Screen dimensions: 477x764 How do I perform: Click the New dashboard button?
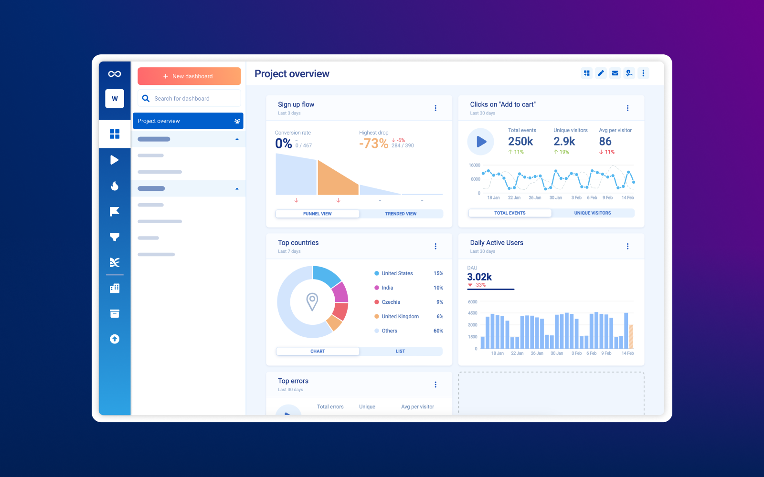coord(189,76)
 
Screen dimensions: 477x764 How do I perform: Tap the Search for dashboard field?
coord(189,99)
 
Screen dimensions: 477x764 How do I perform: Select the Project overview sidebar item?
coord(188,121)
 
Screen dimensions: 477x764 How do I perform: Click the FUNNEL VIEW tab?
coord(317,214)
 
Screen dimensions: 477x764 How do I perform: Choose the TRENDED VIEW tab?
coord(401,214)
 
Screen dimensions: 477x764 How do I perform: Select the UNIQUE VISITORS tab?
coord(592,213)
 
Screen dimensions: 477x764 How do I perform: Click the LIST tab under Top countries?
coord(400,351)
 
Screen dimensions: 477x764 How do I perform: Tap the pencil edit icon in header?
coord(601,73)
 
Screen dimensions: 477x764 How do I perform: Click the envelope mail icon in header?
coord(615,73)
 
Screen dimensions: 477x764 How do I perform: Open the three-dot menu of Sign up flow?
coord(435,108)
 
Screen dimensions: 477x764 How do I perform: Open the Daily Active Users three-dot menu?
coord(627,247)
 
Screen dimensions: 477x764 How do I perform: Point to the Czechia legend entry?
coord(391,302)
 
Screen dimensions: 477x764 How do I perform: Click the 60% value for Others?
coord(438,331)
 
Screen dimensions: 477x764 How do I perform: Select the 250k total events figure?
coord(520,142)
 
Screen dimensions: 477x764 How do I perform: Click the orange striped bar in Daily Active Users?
coord(631,337)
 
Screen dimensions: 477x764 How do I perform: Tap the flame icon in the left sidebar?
coord(115,186)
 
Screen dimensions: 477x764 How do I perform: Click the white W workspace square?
coord(115,99)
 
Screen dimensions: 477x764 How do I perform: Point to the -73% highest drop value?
coord(373,143)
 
